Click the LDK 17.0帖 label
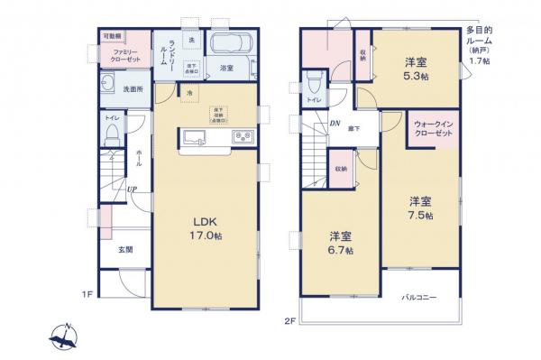point(206,229)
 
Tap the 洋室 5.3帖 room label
point(416,69)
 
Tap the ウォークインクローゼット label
point(432,127)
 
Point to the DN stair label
point(334,124)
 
